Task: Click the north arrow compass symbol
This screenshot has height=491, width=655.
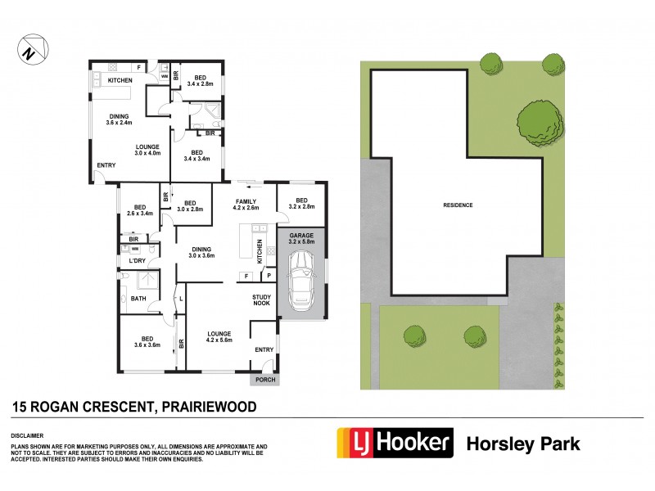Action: (29, 51)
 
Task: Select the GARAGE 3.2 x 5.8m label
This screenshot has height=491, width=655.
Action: (300, 238)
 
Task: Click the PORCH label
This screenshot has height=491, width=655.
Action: (264, 380)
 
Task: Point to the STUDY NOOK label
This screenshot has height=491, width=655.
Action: (262, 300)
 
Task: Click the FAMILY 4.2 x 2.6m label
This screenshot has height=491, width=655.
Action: (246, 205)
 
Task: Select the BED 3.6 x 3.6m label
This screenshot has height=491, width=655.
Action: (147, 341)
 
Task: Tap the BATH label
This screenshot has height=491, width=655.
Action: (138, 299)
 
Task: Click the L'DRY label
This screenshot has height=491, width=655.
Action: (138, 261)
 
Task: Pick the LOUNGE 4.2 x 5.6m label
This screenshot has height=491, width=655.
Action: (219, 337)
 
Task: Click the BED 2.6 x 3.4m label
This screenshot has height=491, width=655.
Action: (140, 210)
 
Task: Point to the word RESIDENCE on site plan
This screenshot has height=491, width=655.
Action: (458, 205)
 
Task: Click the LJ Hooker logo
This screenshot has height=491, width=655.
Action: (395, 443)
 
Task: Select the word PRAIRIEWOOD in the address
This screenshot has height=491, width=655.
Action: (210, 406)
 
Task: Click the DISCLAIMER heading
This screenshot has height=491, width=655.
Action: (28, 436)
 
